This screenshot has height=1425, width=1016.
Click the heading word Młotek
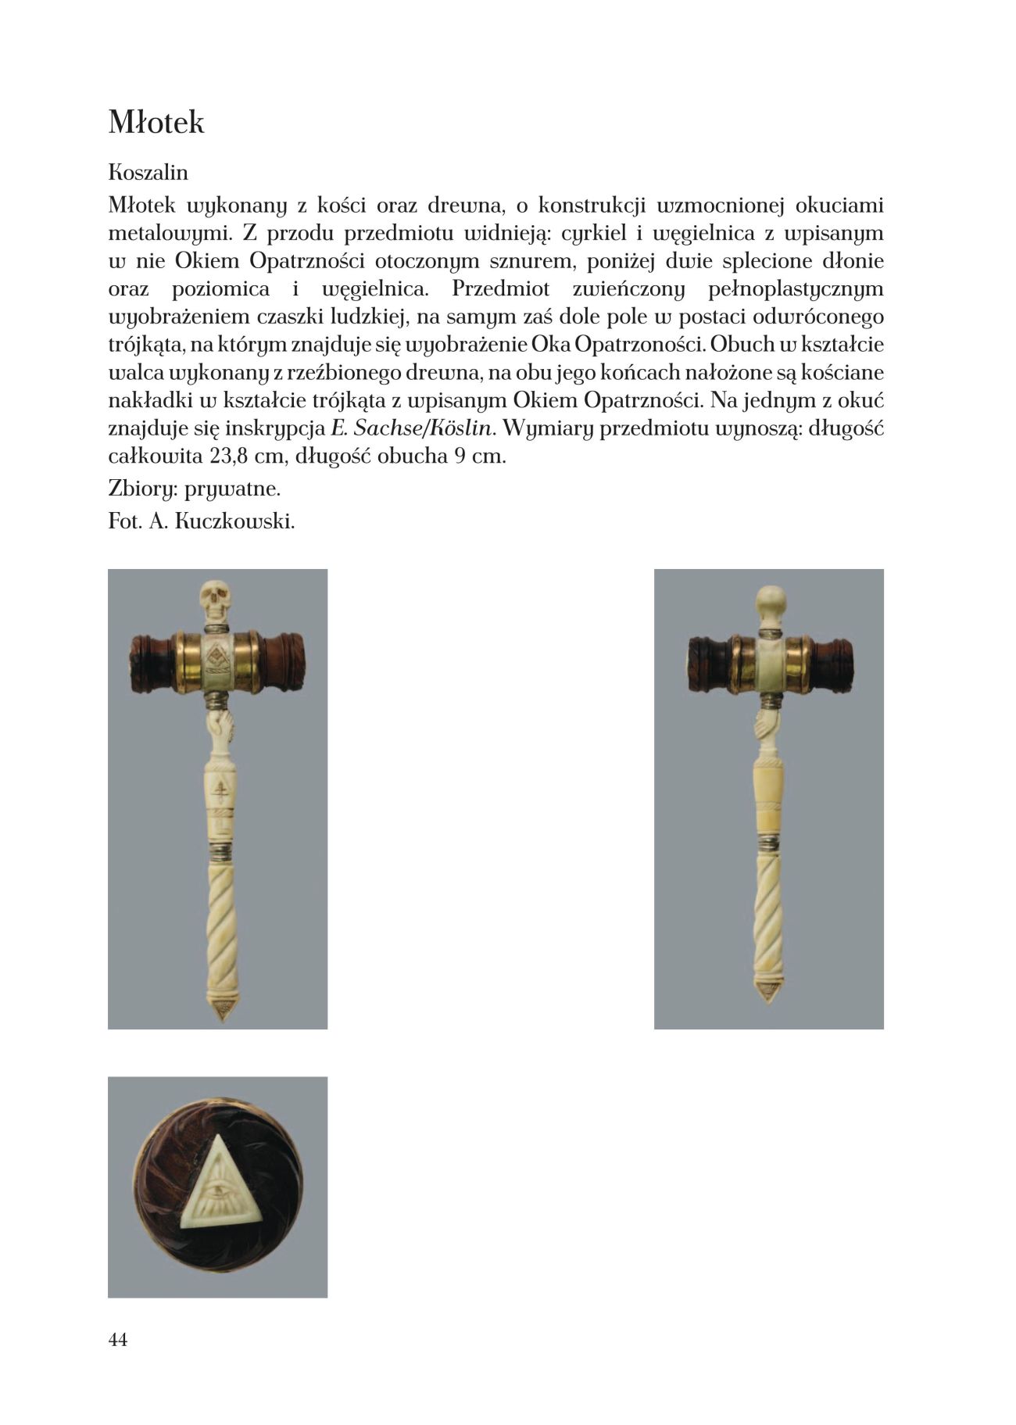point(156,123)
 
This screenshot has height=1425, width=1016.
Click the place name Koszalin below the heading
point(148,172)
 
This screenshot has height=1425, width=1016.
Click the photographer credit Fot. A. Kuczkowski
point(202,521)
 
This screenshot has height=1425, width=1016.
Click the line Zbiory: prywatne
point(194,489)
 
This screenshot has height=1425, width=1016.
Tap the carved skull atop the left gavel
point(214,600)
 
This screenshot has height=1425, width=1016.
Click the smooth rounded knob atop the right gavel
point(771,600)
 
